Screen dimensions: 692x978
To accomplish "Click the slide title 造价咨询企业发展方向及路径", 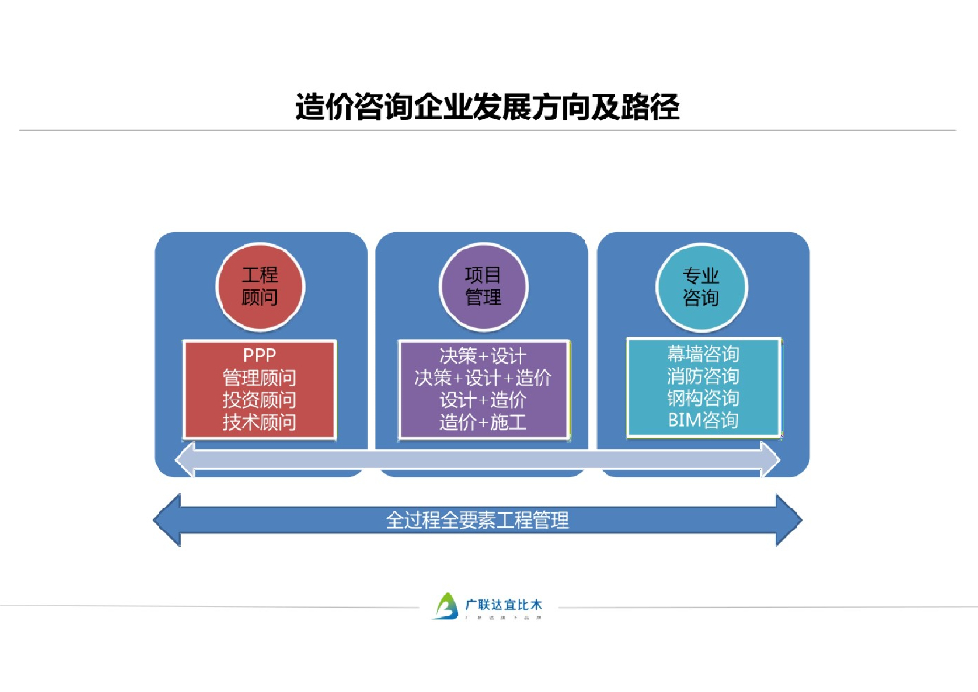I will [487, 106].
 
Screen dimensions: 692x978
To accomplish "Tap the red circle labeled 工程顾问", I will [259, 286].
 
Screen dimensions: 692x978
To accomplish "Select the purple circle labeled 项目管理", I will [482, 286].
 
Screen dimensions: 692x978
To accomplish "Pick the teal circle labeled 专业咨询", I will [701, 286].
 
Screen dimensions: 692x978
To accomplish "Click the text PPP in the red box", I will [259, 356].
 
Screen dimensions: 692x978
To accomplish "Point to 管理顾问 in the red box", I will [259, 378].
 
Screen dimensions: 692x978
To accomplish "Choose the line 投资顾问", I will [259, 400].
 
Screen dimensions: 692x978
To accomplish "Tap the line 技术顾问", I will [259, 422].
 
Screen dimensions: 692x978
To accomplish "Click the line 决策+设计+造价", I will [482, 378].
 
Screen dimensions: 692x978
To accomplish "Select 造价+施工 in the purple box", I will [482, 422].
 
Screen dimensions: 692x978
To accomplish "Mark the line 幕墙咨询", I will [703, 354].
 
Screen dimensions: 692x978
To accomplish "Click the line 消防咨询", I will [703, 376].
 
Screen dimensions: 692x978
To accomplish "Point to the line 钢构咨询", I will [703, 398].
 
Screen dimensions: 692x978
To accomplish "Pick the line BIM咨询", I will [703, 420].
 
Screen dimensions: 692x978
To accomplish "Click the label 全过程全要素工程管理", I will [477, 521].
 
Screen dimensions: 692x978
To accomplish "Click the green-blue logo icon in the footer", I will [445, 606].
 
